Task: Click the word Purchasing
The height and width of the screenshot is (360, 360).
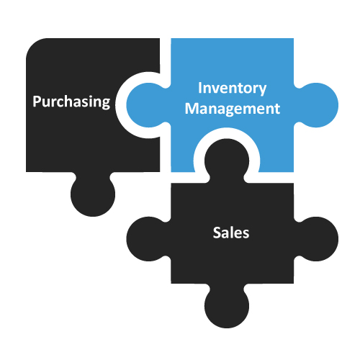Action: pos(71,102)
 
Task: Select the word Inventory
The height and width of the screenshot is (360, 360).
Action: pos(232,89)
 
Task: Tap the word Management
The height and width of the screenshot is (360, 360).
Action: pos(233,109)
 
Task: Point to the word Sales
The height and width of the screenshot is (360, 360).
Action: pos(231,233)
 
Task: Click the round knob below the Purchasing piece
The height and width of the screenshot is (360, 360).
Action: pos(93,194)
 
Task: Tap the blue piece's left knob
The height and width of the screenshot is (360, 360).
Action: pos(148,105)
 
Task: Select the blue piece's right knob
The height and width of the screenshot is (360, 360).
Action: pos(316,105)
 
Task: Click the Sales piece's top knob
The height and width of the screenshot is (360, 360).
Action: pos(227,161)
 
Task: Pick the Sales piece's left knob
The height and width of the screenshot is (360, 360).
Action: pos(148,239)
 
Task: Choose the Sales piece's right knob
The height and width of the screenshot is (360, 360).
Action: pos(316,239)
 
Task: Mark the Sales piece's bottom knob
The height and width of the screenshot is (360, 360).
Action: pos(227,306)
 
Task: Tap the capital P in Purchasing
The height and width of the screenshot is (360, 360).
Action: pos(37,102)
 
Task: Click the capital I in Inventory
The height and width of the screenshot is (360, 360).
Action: pos(199,88)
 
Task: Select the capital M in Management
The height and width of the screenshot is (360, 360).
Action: pos(192,108)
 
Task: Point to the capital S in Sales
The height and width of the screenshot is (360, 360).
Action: pos(217,233)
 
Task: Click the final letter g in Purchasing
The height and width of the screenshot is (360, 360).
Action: pos(106,104)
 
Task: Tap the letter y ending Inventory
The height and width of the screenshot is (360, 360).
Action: pos(262,91)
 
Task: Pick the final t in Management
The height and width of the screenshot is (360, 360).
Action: pos(277,109)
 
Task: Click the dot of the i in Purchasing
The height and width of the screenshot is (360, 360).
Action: pos(90,96)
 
